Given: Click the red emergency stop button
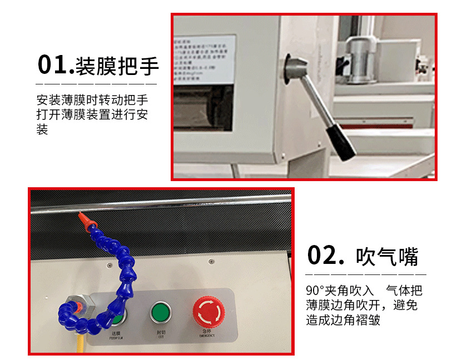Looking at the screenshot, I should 206,311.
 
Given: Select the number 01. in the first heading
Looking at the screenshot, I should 55,65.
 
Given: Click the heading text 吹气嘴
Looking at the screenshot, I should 387,256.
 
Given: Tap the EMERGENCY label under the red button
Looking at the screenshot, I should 206,335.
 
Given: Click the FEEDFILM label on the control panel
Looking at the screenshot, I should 116,337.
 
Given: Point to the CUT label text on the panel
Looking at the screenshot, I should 160,337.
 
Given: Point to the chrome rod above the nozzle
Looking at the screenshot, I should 167,203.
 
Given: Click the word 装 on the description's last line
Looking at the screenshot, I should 42,130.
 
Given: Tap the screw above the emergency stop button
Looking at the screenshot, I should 211,261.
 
